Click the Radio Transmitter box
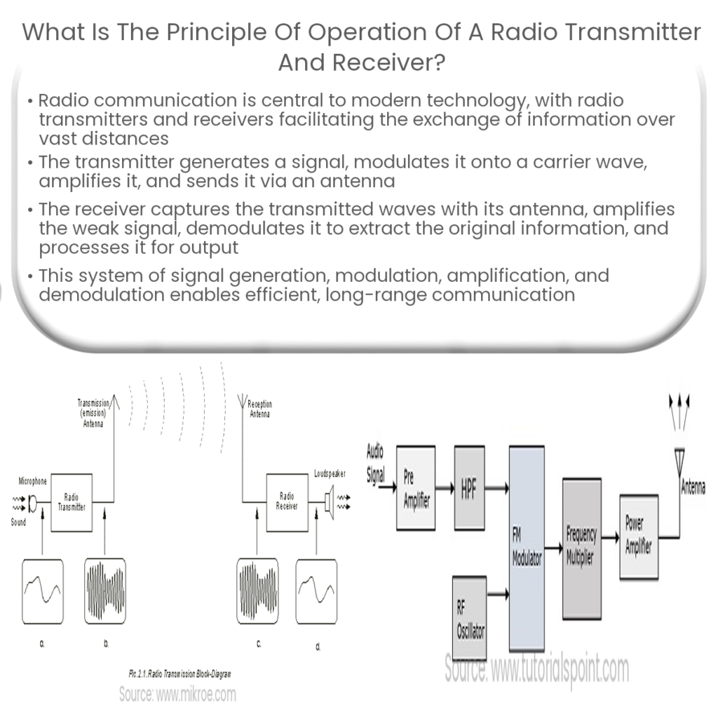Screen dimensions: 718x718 [72, 502]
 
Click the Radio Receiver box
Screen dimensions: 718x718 [287, 502]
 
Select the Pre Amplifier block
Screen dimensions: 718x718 [416, 489]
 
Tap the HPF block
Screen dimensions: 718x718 [469, 489]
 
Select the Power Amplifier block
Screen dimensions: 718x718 [639, 538]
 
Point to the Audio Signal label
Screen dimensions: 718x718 [376, 463]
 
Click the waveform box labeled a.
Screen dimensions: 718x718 [41, 591]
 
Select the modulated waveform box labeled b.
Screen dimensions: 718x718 [105, 591]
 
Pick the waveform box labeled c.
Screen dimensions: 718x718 [257, 591]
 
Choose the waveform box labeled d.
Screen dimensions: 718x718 [316, 591]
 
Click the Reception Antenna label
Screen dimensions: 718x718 [259, 409]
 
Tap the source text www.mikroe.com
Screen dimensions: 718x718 [177, 695]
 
